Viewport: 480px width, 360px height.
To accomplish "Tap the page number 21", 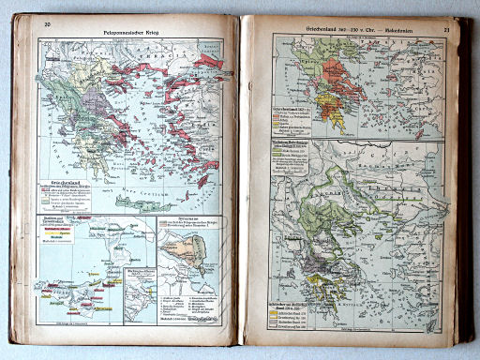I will coord(447,30).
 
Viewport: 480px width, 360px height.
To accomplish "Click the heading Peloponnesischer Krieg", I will coord(132,32).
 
